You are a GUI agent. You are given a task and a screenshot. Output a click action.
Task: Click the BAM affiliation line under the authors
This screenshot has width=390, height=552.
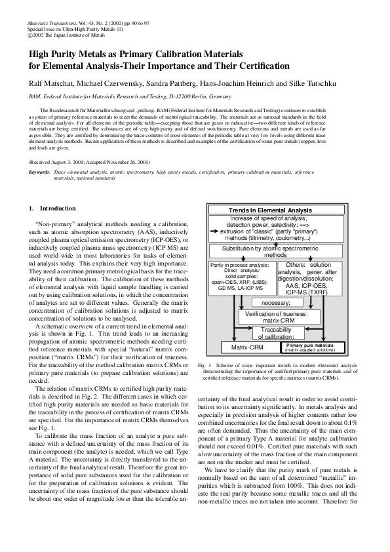pos(111,96)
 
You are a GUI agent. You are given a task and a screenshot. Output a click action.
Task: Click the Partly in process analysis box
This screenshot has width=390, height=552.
pos(236,278)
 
